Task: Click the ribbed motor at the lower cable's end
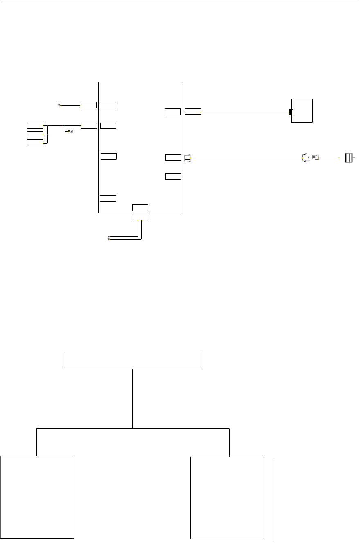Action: [349, 157]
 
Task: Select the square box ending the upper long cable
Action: [302, 110]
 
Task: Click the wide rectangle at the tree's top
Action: [132, 361]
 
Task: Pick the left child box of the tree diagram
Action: [37, 497]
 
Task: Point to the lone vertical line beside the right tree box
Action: [273, 501]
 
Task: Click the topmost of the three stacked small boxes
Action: [35, 125]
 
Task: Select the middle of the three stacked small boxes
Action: [35, 134]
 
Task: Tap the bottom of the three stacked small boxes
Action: [35, 143]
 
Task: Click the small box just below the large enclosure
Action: [140, 217]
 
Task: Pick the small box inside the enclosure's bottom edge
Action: [140, 207]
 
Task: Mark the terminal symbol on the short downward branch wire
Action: [70, 131]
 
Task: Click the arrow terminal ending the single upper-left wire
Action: [60, 105]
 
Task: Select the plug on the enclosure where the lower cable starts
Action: [187, 157]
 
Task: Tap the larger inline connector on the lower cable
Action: [305, 157]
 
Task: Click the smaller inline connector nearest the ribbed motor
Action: [315, 157]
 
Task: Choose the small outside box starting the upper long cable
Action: [193, 111]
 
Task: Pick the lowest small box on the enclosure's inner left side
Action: [108, 199]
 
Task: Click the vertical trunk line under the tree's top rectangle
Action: [133, 399]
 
